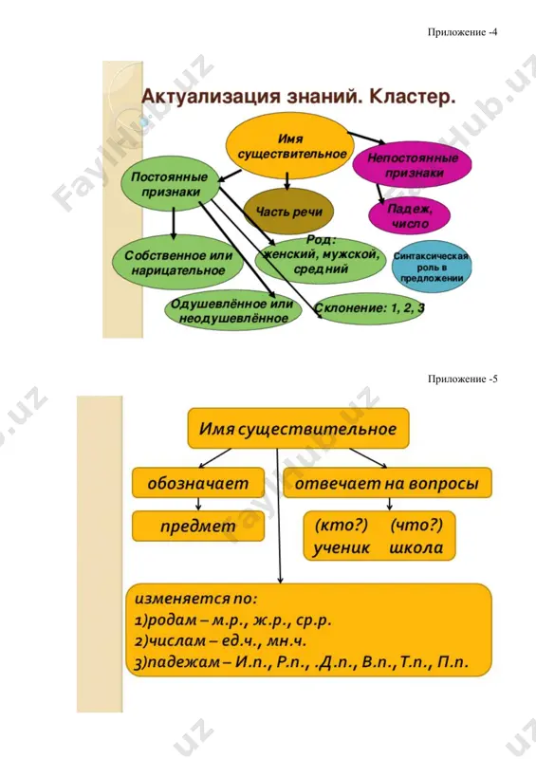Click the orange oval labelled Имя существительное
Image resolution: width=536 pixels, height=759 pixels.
pyautogui.click(x=290, y=147)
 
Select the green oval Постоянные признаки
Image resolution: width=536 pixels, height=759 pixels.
pyautogui.click(x=170, y=184)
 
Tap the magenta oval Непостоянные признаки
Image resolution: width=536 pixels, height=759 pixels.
pyautogui.click(x=412, y=165)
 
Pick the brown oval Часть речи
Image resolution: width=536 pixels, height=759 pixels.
pyautogui.click(x=289, y=212)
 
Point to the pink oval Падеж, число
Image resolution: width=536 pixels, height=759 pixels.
pyautogui.click(x=410, y=216)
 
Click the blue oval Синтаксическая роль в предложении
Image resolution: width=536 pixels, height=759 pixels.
pyautogui.click(x=432, y=268)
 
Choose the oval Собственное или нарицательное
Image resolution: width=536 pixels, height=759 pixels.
pyautogui.click(x=177, y=263)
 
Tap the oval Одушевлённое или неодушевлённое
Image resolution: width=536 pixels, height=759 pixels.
pyautogui.click(x=232, y=311)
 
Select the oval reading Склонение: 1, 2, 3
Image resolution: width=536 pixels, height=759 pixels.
pyautogui.click(x=369, y=308)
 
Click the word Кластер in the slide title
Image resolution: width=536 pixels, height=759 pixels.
pyautogui.click(x=412, y=97)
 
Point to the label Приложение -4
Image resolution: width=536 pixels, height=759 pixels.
pyautogui.click(x=462, y=32)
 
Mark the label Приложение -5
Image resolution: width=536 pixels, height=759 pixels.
pyautogui.click(x=462, y=379)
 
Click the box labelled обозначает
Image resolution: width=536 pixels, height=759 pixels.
pyautogui.click(x=198, y=483)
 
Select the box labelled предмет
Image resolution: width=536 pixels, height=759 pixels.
pyautogui.click(x=198, y=527)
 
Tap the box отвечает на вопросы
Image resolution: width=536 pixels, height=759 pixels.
pyautogui.click(x=387, y=483)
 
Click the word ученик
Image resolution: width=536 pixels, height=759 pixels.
pyautogui.click(x=342, y=548)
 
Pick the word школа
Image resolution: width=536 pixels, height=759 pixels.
pyautogui.click(x=416, y=548)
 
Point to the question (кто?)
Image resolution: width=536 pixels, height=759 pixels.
pyautogui.click(x=342, y=525)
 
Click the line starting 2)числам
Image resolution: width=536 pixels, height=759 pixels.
pyautogui.click(x=221, y=641)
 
